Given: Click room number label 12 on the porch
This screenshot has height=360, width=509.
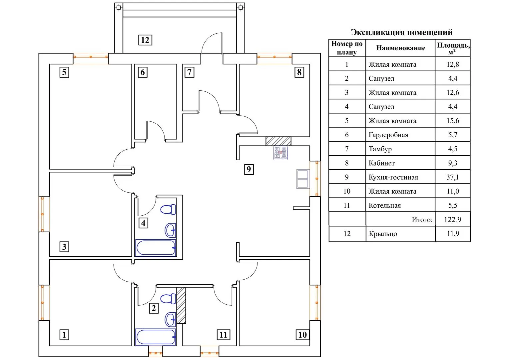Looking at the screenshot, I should (x=145, y=40).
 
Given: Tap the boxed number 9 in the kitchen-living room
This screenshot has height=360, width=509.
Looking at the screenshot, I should (x=249, y=169).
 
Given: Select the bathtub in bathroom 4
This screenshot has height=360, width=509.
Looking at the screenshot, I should (x=156, y=248).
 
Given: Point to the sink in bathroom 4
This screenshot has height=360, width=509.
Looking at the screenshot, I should (x=170, y=230).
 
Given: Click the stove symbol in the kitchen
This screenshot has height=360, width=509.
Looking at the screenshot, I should (x=280, y=153).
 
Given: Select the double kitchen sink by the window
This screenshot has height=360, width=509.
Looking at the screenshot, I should (x=302, y=179).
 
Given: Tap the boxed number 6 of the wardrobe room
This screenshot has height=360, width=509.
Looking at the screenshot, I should (x=143, y=72).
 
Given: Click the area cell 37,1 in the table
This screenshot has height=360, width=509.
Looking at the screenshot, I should (x=452, y=177).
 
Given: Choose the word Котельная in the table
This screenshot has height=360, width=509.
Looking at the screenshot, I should (x=384, y=206).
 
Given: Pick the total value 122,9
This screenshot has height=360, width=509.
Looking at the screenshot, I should (x=452, y=220).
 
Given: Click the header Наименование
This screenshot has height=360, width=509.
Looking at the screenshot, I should (x=400, y=48).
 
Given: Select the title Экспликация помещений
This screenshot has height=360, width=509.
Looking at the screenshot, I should (x=401, y=32).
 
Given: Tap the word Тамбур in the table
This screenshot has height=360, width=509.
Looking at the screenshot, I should (x=380, y=149).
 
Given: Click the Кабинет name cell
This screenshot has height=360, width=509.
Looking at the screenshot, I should (x=381, y=163).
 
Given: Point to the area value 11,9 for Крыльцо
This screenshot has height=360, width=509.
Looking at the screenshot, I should (x=453, y=234).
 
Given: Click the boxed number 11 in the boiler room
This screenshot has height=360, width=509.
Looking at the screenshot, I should (x=223, y=335).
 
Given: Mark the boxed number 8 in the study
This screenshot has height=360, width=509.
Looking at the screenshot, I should (x=299, y=72).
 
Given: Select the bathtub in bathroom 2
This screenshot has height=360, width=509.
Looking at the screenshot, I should (x=156, y=337).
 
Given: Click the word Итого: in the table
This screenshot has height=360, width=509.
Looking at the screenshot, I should (x=422, y=220).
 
